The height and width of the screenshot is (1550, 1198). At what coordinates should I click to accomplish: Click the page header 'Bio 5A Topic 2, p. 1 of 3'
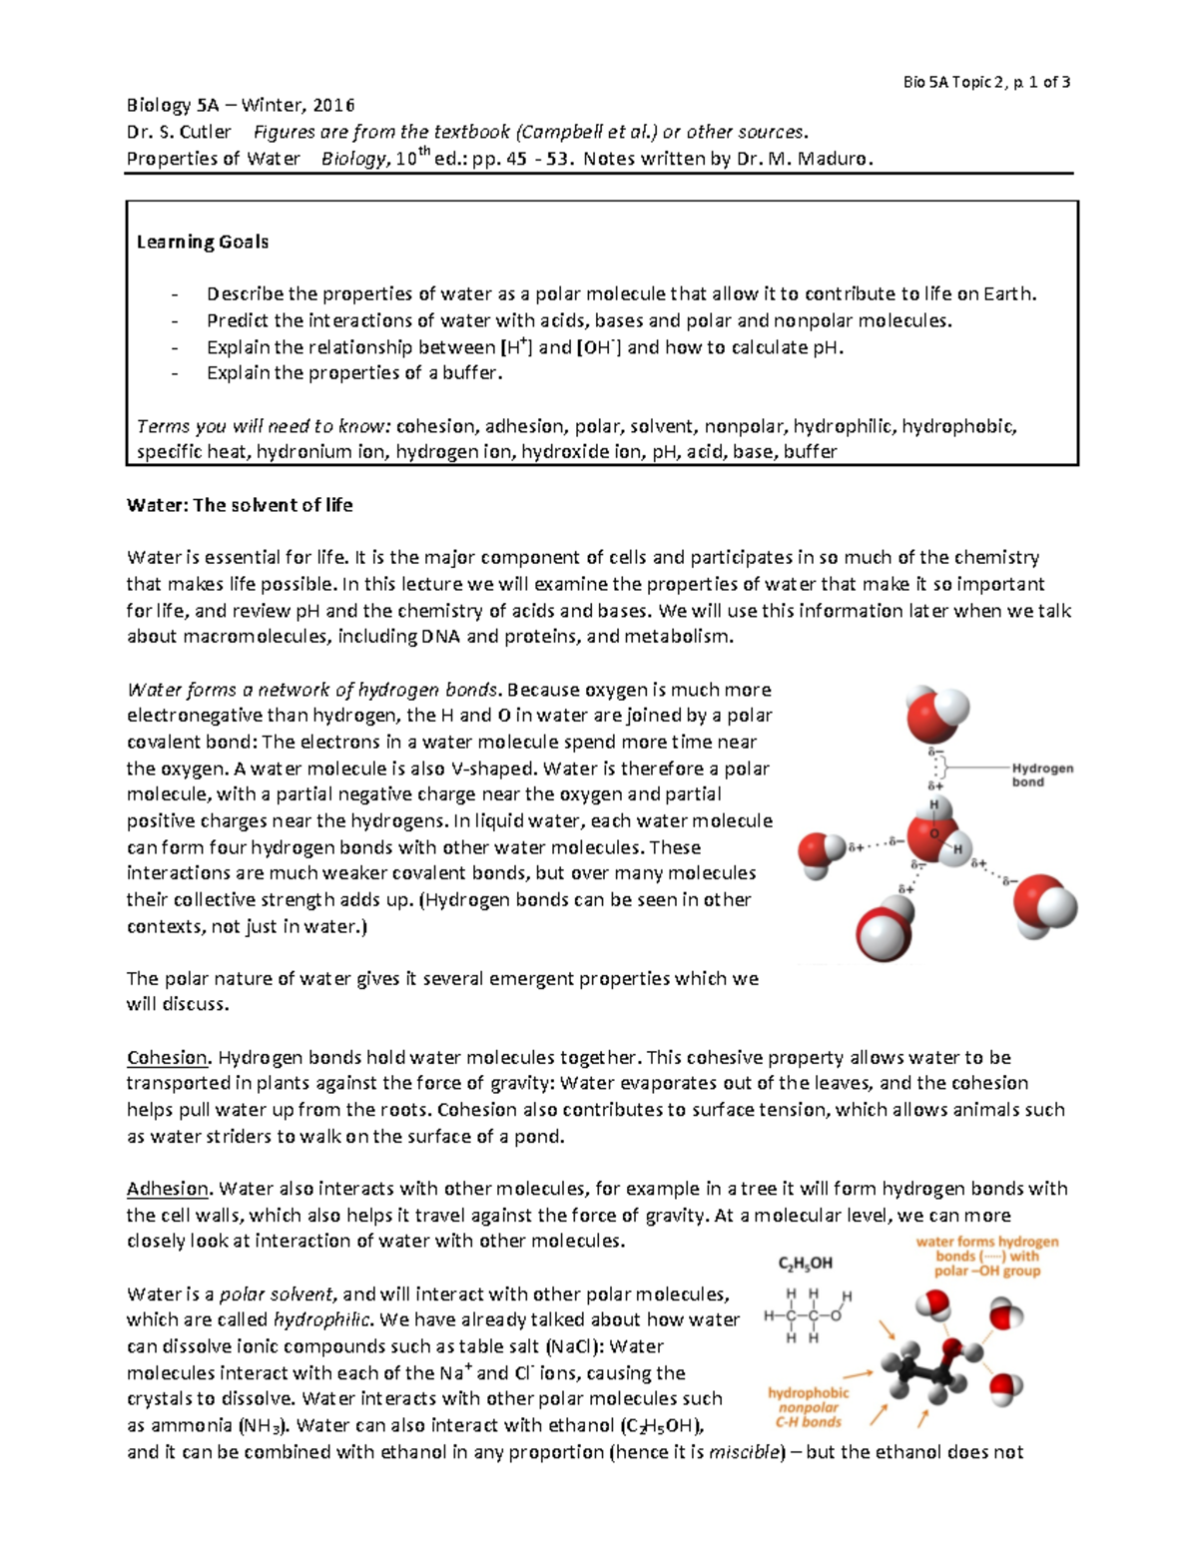coord(985,82)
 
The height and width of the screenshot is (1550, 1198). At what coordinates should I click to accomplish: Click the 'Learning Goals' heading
coord(203,242)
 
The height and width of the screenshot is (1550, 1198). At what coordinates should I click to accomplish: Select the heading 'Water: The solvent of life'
coord(240,505)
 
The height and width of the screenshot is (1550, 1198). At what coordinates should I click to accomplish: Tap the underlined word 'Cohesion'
coord(168,1057)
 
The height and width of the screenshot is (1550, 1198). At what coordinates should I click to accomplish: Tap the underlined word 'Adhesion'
coord(168,1189)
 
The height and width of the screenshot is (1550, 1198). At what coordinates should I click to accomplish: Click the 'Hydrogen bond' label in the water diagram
coord(1041,775)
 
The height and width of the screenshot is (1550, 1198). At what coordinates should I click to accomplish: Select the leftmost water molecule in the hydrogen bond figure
coord(823,854)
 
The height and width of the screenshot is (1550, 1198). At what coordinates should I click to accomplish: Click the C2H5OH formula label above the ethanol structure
coord(805,1263)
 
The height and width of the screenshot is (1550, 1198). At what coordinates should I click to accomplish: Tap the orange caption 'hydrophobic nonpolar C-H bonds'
coord(808,1407)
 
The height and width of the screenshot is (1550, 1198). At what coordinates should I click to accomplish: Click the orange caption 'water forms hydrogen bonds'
coord(986,1256)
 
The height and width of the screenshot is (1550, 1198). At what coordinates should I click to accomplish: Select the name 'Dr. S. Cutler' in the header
coord(179,132)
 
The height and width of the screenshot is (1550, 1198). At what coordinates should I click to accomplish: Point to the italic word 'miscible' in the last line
coord(746,1452)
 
